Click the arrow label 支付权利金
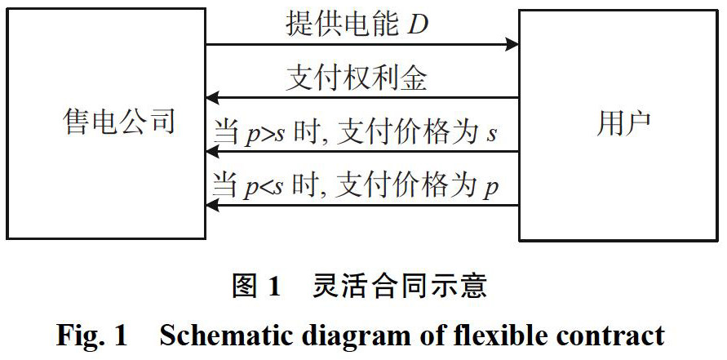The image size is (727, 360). [x=357, y=79]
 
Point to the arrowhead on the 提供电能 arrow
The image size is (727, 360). [x=512, y=44]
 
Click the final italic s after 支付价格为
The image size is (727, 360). [x=491, y=134]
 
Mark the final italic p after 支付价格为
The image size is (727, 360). [x=491, y=189]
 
